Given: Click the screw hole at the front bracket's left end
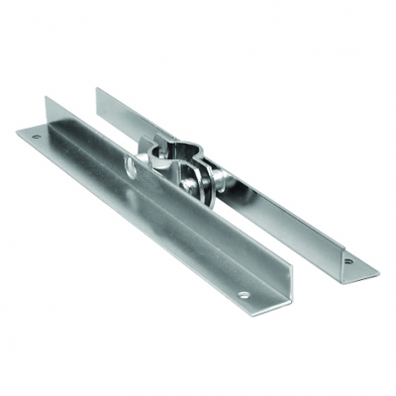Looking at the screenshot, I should pyautogui.click(x=37, y=136).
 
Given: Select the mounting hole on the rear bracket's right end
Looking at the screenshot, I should pyautogui.click(x=347, y=261).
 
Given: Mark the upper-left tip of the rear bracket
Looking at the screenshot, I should pyautogui.click(x=97, y=89).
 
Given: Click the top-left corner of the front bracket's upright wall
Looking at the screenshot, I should pyautogui.click(x=48, y=96).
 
